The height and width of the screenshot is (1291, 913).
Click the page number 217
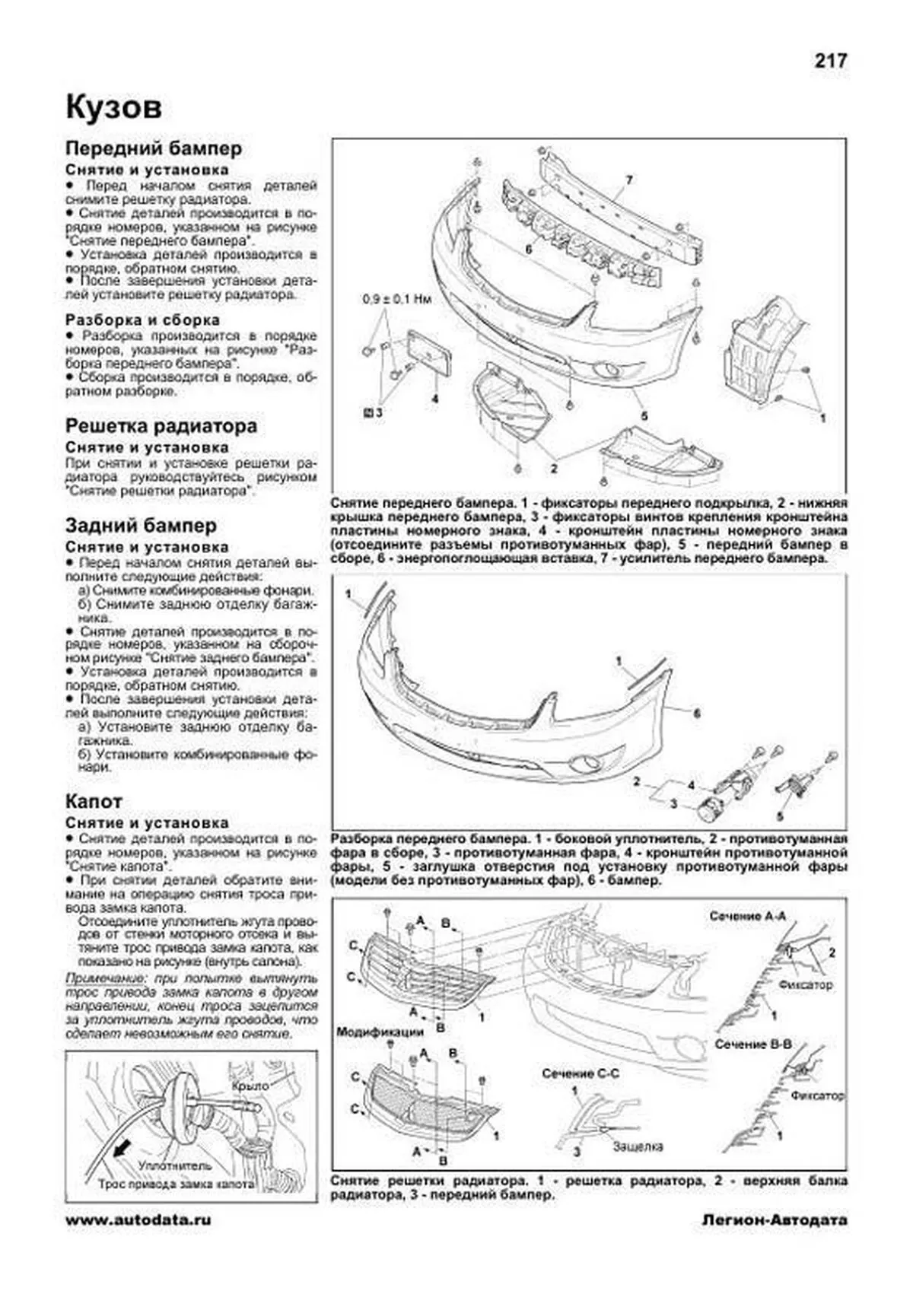coord(830,62)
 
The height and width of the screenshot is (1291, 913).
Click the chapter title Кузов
coord(113,107)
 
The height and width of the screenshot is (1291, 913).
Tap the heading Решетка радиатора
coord(161,426)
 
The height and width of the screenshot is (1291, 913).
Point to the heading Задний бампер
coord(141,526)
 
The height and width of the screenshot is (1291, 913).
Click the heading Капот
coord(94,801)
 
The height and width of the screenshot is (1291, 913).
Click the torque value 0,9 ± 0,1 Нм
coord(396,300)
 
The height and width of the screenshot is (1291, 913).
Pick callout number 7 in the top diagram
coord(629,181)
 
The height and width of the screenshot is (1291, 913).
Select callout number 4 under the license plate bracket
coord(434,397)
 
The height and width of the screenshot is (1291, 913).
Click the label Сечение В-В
coord(752,1045)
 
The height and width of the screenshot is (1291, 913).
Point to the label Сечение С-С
coord(581,1073)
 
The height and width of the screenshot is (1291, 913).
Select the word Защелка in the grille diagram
coord(638,1146)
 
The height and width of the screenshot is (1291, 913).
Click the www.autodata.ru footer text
coord(138,1241)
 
